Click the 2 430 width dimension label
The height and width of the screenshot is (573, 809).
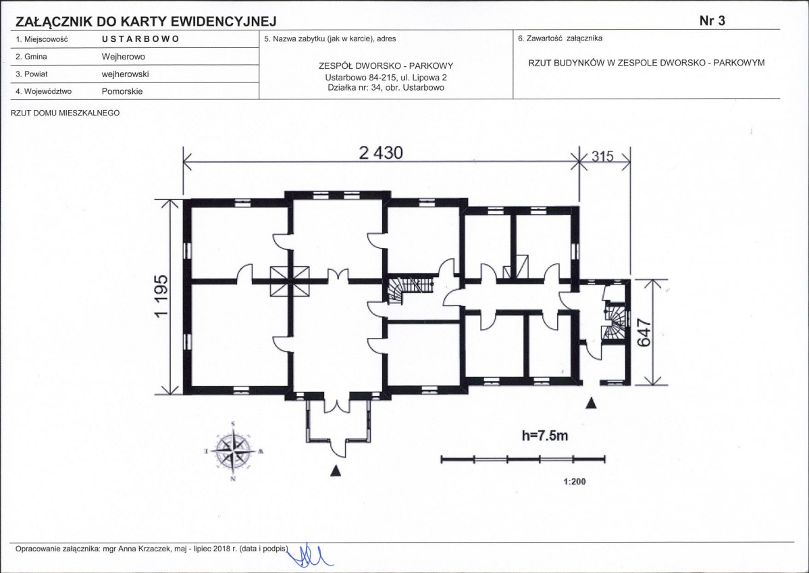click(381, 153)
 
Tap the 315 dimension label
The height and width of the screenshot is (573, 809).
click(602, 156)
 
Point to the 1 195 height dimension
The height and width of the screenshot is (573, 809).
click(161, 297)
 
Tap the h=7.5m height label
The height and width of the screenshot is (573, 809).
click(545, 436)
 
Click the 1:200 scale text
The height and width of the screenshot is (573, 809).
click(574, 482)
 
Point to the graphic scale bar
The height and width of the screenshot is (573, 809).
click(523, 459)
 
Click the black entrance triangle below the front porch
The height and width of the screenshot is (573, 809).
click(336, 470)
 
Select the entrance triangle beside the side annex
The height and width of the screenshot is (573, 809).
click(592, 403)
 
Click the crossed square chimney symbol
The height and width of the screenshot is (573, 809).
click(290, 281)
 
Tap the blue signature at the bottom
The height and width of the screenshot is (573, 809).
click(309, 555)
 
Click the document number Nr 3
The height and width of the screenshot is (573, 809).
click(712, 21)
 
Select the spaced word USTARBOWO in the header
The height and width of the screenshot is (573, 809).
click(140, 39)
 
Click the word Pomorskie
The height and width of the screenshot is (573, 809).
click(122, 91)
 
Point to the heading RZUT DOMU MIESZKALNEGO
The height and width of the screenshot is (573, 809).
click(65, 113)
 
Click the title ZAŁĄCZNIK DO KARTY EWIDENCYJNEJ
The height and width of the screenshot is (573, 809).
click(146, 21)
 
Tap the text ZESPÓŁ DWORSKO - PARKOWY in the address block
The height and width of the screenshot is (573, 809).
click(386, 66)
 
